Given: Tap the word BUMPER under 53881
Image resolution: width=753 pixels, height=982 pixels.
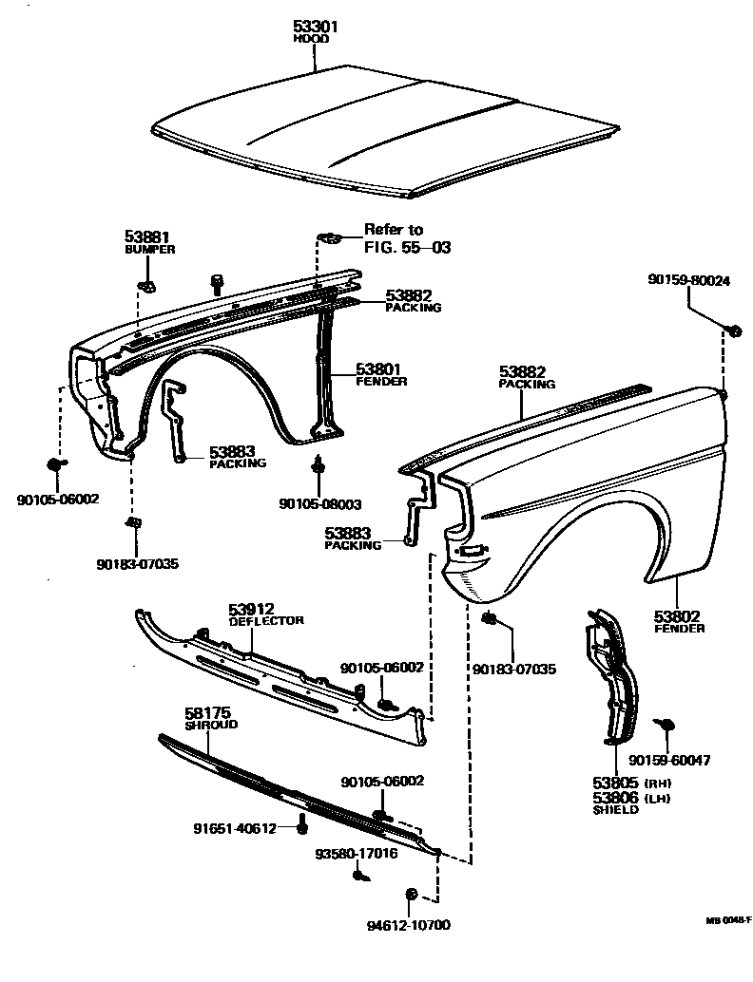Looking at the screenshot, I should (149, 249).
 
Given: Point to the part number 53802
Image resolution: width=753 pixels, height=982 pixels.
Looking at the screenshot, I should (679, 615).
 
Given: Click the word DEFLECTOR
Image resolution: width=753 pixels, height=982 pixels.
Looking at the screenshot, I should (266, 620).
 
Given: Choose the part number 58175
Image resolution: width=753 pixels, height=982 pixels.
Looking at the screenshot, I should (208, 711).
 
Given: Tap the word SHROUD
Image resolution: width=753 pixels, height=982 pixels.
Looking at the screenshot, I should (210, 725).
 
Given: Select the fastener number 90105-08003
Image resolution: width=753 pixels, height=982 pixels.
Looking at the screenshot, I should (319, 503).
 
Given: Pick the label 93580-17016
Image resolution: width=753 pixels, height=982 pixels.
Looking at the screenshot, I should (357, 853).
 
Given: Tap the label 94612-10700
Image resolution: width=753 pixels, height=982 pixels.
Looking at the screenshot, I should (409, 925).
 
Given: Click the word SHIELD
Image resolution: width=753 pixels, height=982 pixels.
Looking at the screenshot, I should (615, 810).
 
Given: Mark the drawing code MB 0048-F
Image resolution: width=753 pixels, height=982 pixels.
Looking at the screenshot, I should (728, 920).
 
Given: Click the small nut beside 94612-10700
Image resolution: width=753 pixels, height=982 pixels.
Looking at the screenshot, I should (412, 895).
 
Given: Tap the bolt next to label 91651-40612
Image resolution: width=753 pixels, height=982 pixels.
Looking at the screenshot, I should (302, 824).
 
